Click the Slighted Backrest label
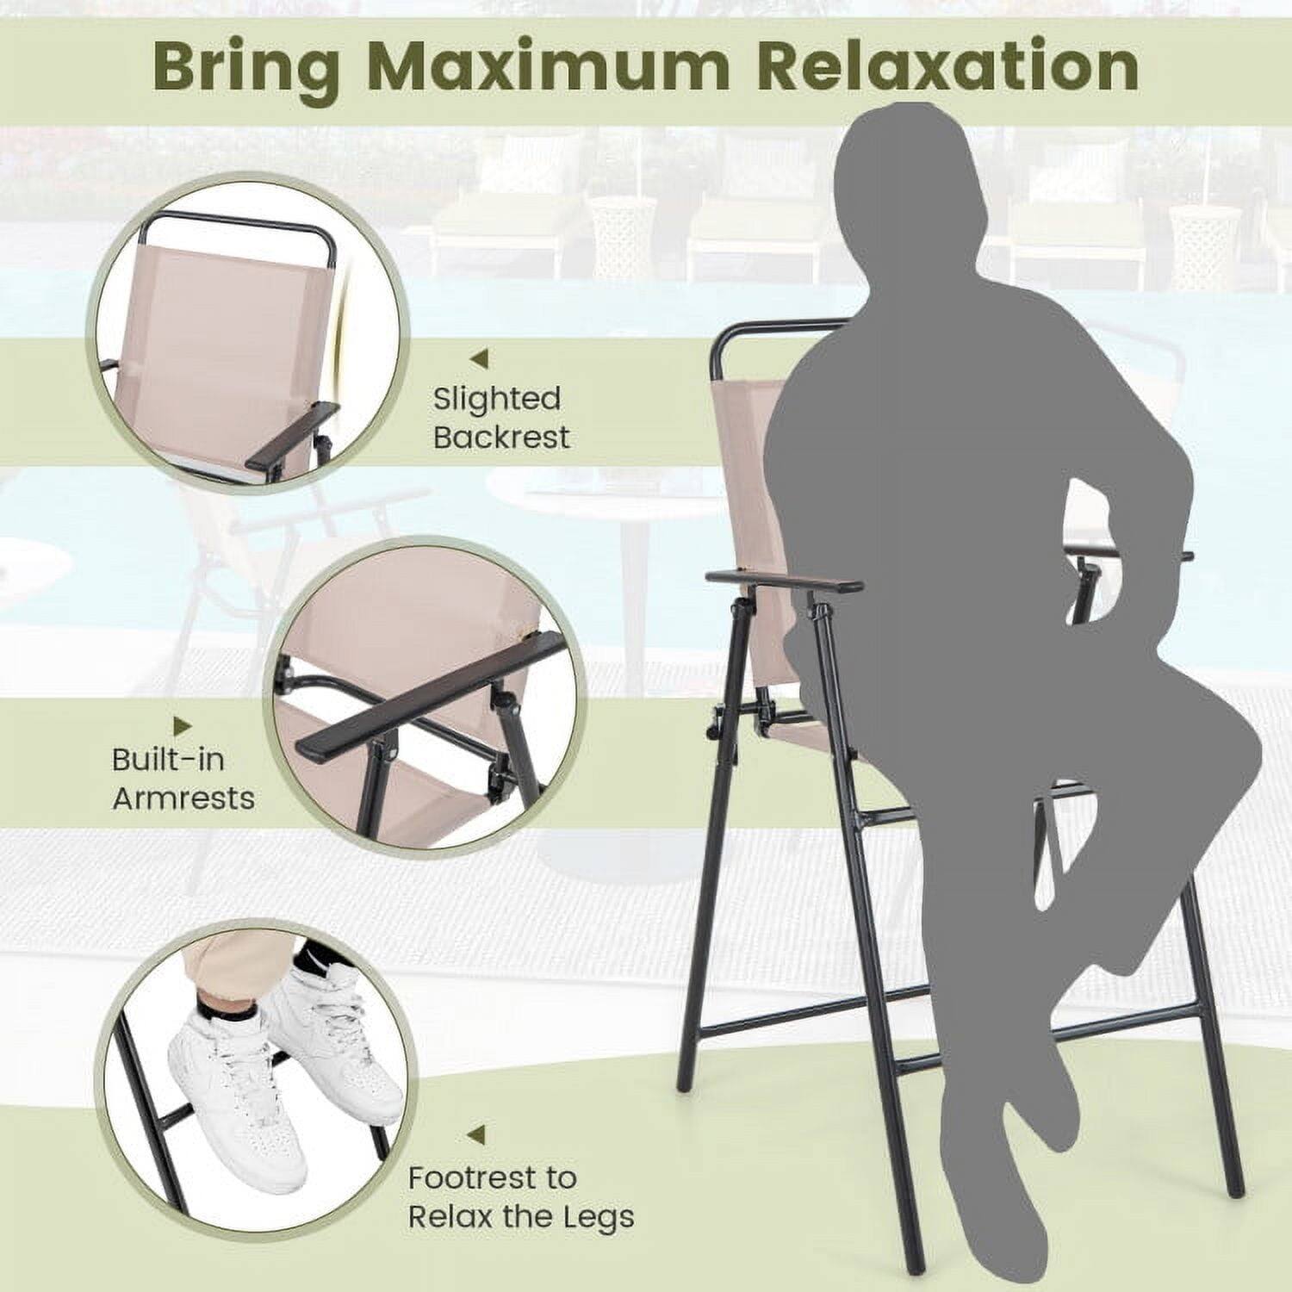coord(500,418)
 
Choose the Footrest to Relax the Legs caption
coord(520,1196)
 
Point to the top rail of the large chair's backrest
coord(775,327)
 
